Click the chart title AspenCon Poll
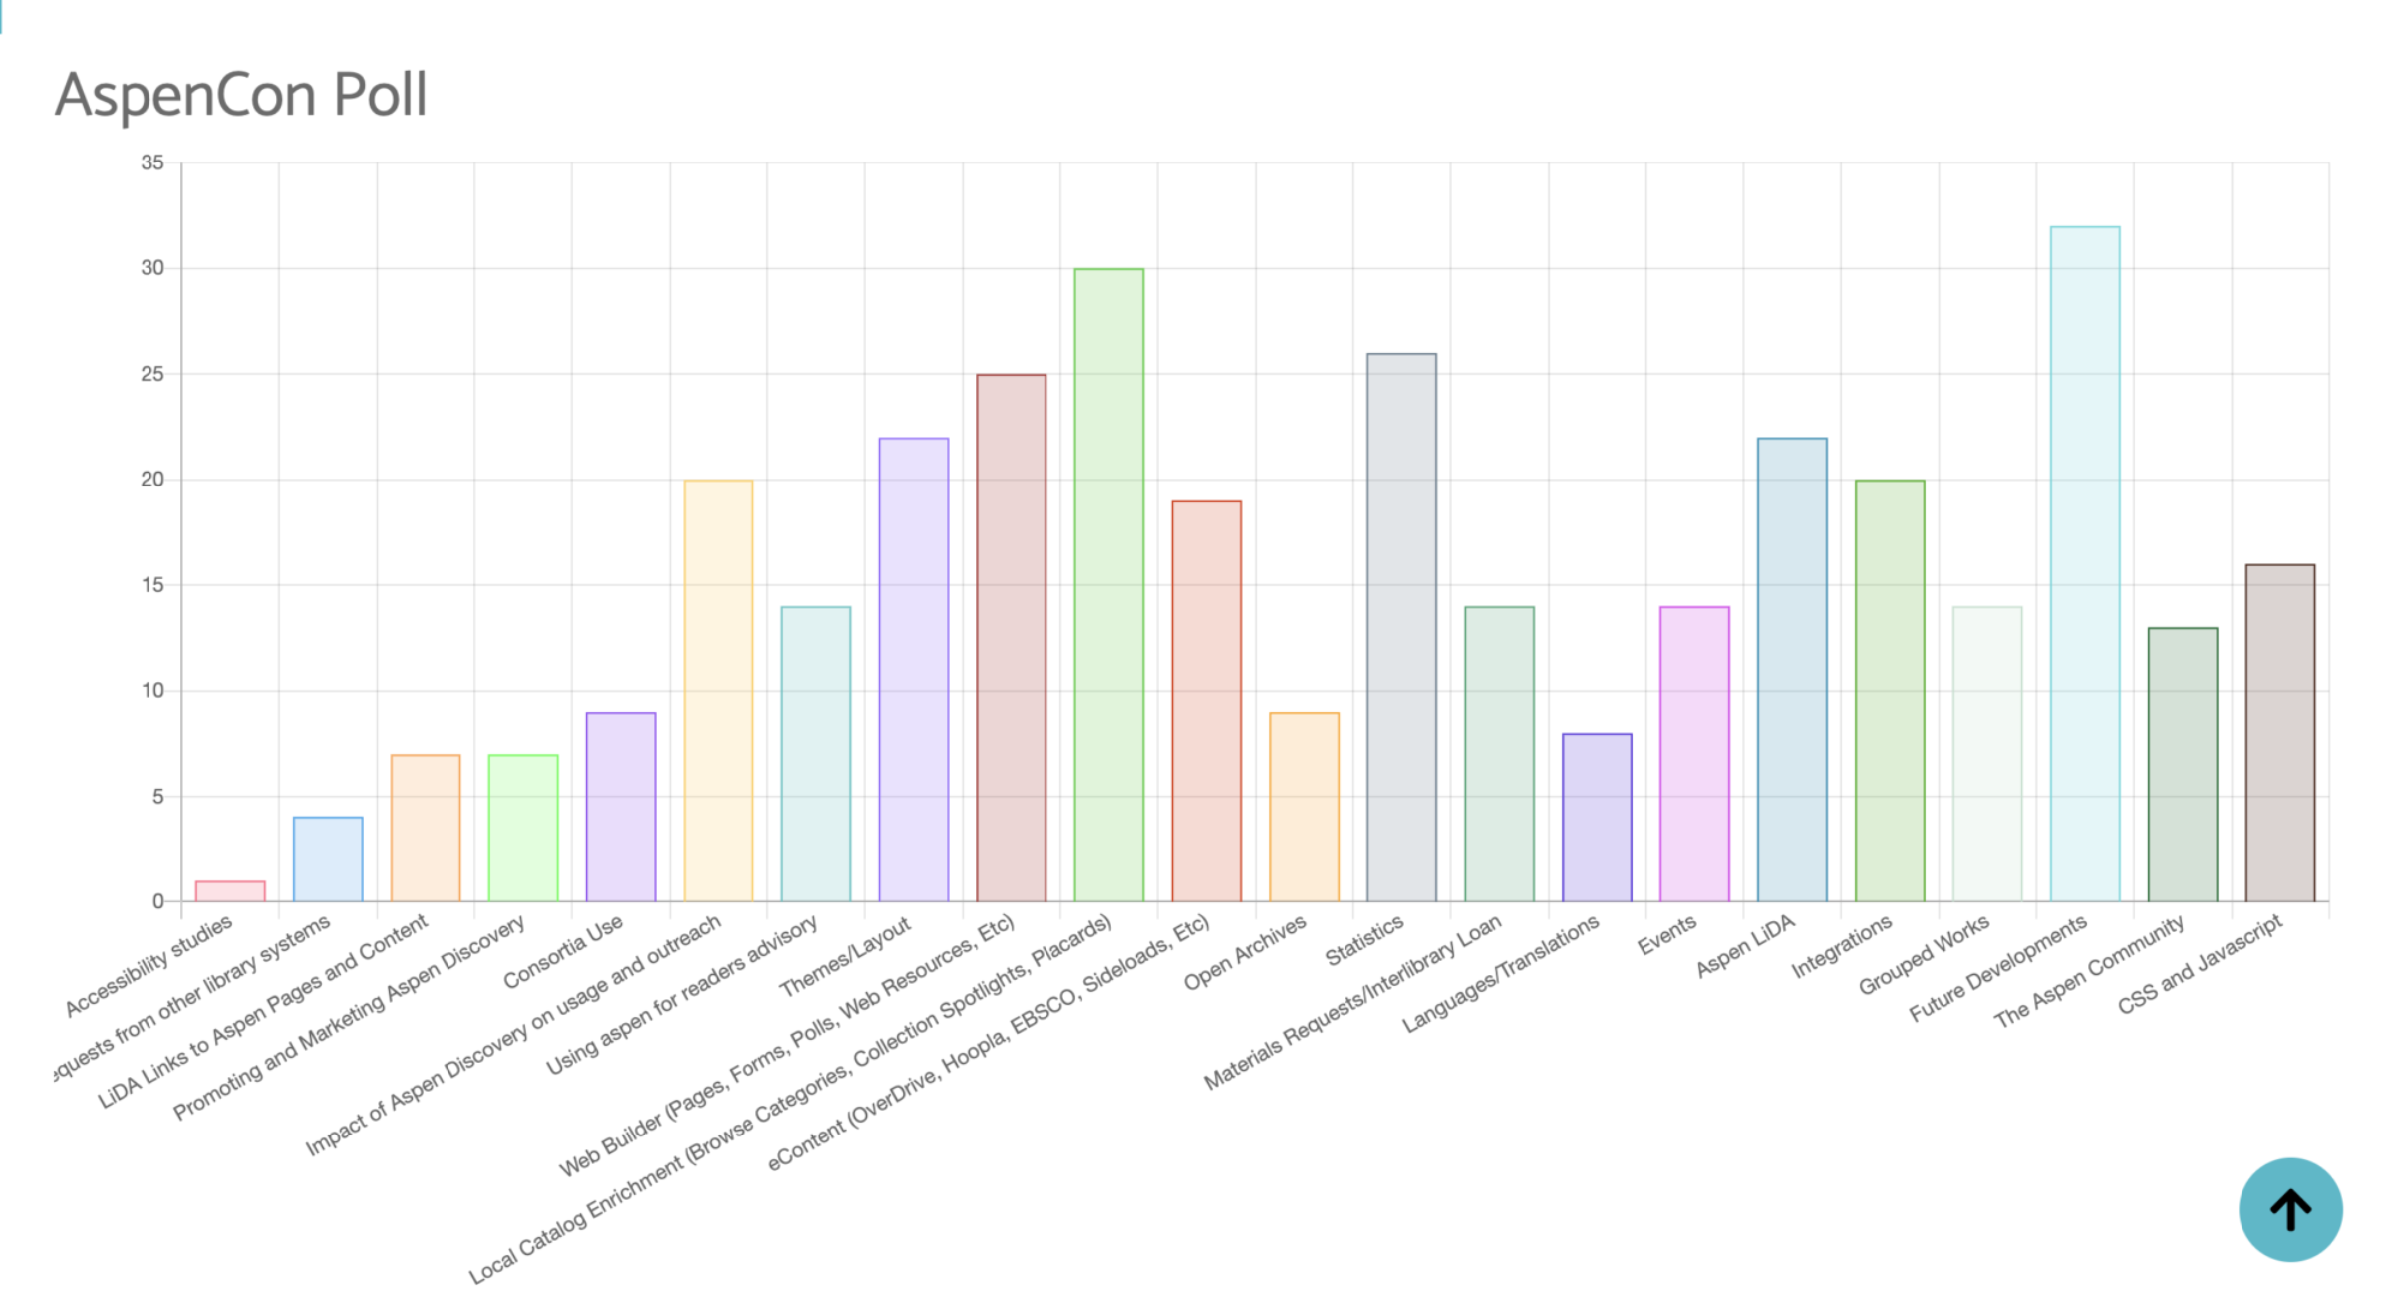pos(241,96)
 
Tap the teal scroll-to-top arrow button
pos(2289,1209)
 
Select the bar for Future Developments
pos(2084,564)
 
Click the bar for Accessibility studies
pos(230,891)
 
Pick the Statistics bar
pos(1401,628)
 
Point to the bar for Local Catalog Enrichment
pos(1108,585)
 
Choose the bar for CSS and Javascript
pos(2279,734)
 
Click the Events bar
pos(1694,754)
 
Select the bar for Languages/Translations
pos(1597,817)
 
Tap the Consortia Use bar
pos(621,808)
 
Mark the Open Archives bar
pos(1304,808)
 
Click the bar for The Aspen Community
pos(2182,765)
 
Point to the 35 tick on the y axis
pos(152,162)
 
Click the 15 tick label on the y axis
pos(152,585)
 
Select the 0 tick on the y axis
pos(158,902)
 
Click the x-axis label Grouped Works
pos(1924,955)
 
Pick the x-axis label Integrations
pos(1841,948)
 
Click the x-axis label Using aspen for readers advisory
pos(683,995)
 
